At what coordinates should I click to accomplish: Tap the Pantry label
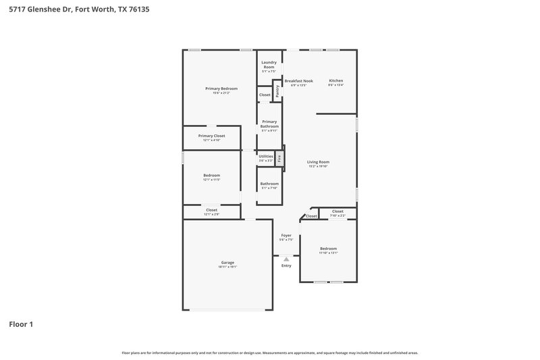pos(277,90)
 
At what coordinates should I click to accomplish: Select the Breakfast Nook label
pos(298,81)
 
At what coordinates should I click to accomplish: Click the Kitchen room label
pos(335,81)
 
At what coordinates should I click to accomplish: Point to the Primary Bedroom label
pos(221,89)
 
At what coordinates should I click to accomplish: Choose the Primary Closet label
pos(211,136)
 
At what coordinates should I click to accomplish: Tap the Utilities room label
pos(266,157)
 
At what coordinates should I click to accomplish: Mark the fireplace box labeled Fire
pos(278,158)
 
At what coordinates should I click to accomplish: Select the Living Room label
pos(318,162)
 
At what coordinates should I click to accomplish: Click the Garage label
pos(227,263)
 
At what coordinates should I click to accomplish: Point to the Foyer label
pos(286,236)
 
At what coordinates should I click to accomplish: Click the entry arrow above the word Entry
pos(286,259)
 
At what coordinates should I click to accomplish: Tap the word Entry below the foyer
pos(286,265)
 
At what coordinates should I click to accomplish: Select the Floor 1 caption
pos(21,324)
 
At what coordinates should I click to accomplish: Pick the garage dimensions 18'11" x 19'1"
pos(227,267)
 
